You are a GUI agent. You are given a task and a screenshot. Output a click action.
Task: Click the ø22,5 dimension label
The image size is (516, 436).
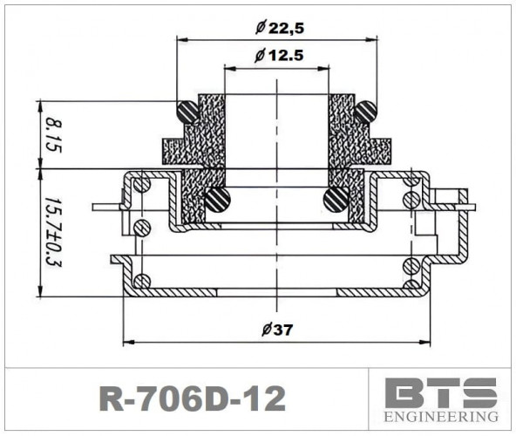[279, 27]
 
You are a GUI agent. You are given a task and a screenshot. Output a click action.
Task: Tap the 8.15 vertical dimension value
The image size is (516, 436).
[52, 134]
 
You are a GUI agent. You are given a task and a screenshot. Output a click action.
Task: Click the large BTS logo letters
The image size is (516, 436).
[442, 392]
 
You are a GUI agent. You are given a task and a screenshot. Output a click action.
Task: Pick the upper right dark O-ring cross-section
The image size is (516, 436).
[365, 112]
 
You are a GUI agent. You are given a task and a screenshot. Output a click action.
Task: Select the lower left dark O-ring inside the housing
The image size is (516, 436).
[218, 200]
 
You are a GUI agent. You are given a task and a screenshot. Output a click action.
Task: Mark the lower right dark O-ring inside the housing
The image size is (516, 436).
[336, 200]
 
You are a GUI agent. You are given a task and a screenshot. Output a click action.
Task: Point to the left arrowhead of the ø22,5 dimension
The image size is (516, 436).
[181, 39]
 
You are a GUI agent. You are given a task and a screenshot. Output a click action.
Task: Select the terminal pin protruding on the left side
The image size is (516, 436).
[103, 208]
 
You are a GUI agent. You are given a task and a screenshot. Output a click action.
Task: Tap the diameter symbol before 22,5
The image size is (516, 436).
[260, 27]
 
